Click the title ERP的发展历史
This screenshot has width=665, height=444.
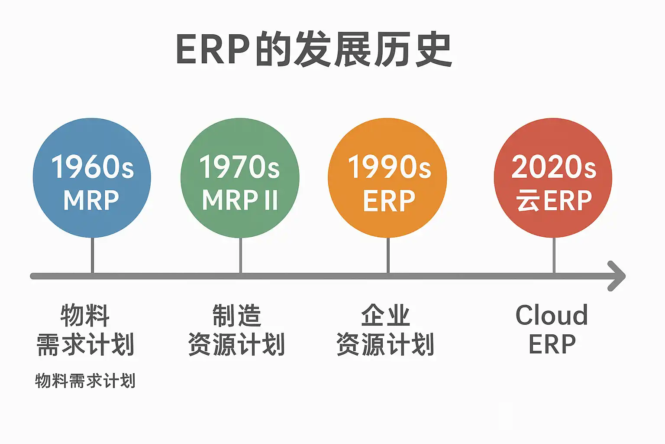tap(314, 49)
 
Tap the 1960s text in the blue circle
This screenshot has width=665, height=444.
tap(93, 167)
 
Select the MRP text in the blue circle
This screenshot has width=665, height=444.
tap(91, 200)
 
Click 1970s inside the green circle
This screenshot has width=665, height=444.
tap(239, 167)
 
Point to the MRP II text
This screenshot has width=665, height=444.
tap(240, 200)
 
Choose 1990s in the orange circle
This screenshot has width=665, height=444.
tap(390, 167)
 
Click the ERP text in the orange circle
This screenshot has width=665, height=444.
tap(389, 201)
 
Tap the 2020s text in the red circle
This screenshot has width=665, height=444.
tap(554, 167)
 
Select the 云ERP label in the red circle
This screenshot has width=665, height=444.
tap(554, 201)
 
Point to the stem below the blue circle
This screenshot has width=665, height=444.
tap(92, 255)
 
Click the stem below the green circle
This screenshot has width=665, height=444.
tap(240, 255)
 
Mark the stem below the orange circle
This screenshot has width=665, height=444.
tap(388, 255)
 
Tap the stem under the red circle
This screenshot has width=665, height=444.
tap(554, 255)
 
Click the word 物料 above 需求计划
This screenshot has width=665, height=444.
tap(85, 315)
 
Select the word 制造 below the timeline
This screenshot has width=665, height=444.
tap(237, 315)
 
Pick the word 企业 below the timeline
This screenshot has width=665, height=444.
tap(386, 315)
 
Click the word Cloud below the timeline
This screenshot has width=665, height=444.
tap(552, 315)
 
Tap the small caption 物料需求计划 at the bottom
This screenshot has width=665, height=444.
tap(85, 381)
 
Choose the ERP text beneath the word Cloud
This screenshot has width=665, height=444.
tap(552, 344)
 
